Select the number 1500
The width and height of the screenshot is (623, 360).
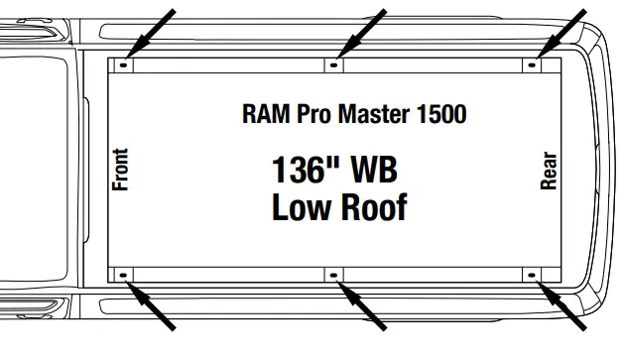point(440,113)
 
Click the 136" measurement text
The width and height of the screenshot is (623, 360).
point(305,170)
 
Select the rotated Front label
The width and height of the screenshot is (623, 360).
point(121,170)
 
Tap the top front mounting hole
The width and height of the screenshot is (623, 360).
point(123,65)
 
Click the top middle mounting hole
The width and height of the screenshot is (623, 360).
point(334,65)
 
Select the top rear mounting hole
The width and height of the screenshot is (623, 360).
point(533,65)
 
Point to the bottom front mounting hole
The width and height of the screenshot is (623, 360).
point(123,274)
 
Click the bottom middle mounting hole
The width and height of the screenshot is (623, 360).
point(334,274)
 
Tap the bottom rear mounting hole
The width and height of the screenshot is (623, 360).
point(533,274)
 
